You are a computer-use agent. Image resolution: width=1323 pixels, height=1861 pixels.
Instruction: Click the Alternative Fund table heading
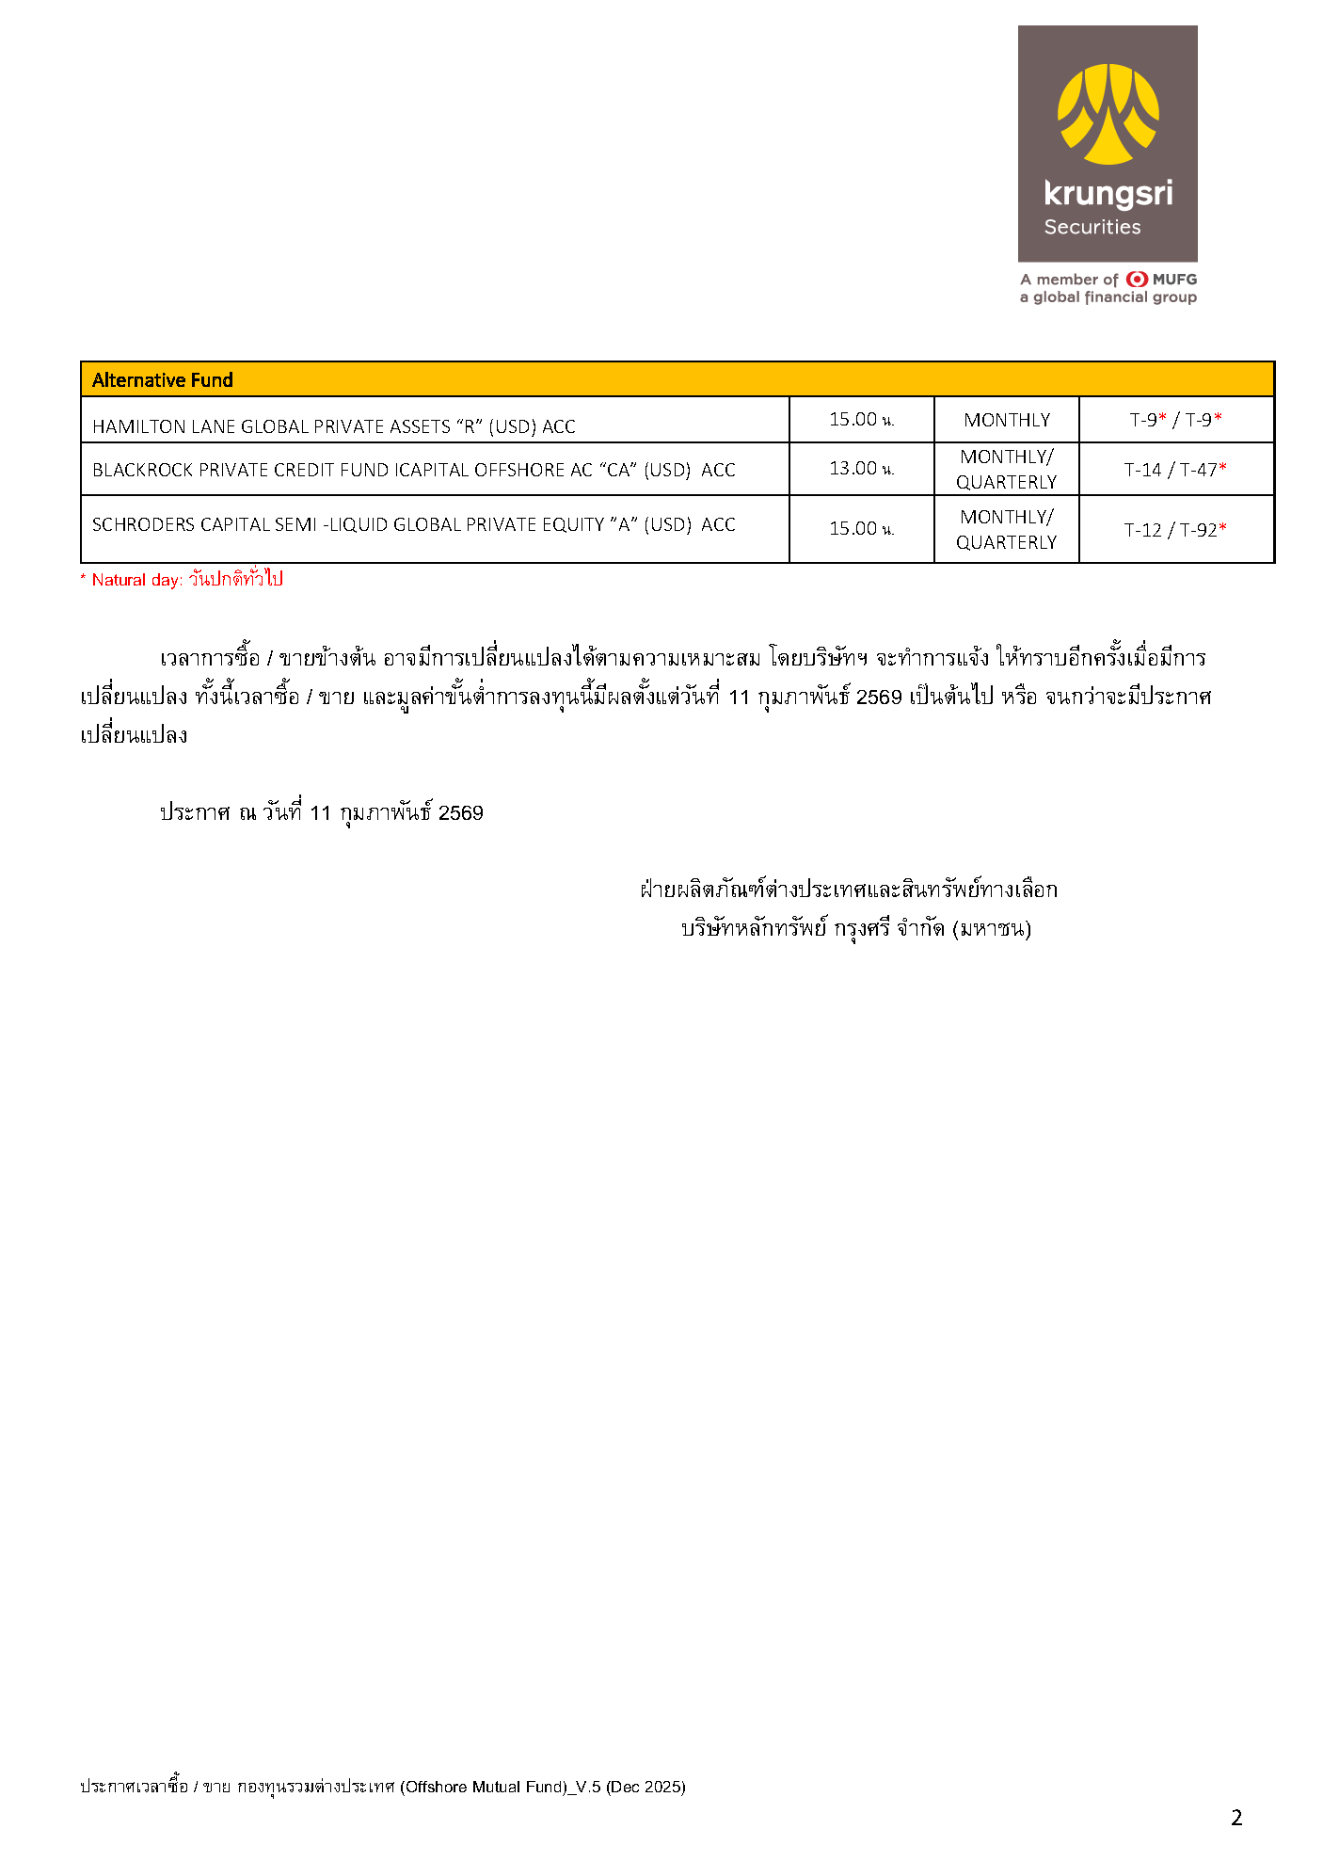[x=162, y=380]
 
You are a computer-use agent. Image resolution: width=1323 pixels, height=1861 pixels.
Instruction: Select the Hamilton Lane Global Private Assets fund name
[x=333, y=426]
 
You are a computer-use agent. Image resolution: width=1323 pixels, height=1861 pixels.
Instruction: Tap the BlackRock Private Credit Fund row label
[x=413, y=470]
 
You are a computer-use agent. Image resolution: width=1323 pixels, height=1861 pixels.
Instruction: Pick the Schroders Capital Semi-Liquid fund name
[x=413, y=524]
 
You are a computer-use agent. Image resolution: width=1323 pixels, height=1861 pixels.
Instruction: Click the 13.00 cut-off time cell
[x=860, y=469]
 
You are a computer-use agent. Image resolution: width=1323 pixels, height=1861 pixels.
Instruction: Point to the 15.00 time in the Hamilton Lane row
[x=860, y=420]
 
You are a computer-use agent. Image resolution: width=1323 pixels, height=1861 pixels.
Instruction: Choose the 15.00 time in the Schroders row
[x=860, y=529]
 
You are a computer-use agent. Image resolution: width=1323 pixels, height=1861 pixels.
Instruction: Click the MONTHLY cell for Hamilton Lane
[x=1006, y=420]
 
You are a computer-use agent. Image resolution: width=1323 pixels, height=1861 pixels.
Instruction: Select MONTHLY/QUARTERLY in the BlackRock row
[x=1006, y=469]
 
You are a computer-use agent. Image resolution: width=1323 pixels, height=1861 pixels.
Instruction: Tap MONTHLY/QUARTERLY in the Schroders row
[x=1006, y=529]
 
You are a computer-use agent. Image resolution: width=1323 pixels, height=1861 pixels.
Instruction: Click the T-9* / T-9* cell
[x=1175, y=420]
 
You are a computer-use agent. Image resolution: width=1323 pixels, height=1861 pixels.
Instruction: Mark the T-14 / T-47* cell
[x=1175, y=470]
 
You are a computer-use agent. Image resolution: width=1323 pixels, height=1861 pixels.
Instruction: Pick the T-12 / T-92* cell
[x=1175, y=530]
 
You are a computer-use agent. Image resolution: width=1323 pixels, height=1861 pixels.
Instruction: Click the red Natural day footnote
[x=182, y=579]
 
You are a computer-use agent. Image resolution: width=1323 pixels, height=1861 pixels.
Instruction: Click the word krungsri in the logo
[x=1108, y=194]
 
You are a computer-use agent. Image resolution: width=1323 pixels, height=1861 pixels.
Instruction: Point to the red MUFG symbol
[x=1137, y=279]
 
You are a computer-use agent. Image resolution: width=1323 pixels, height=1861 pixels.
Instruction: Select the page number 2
[x=1236, y=1818]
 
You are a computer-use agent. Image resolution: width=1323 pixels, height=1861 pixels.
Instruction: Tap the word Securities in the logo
[x=1092, y=227]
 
